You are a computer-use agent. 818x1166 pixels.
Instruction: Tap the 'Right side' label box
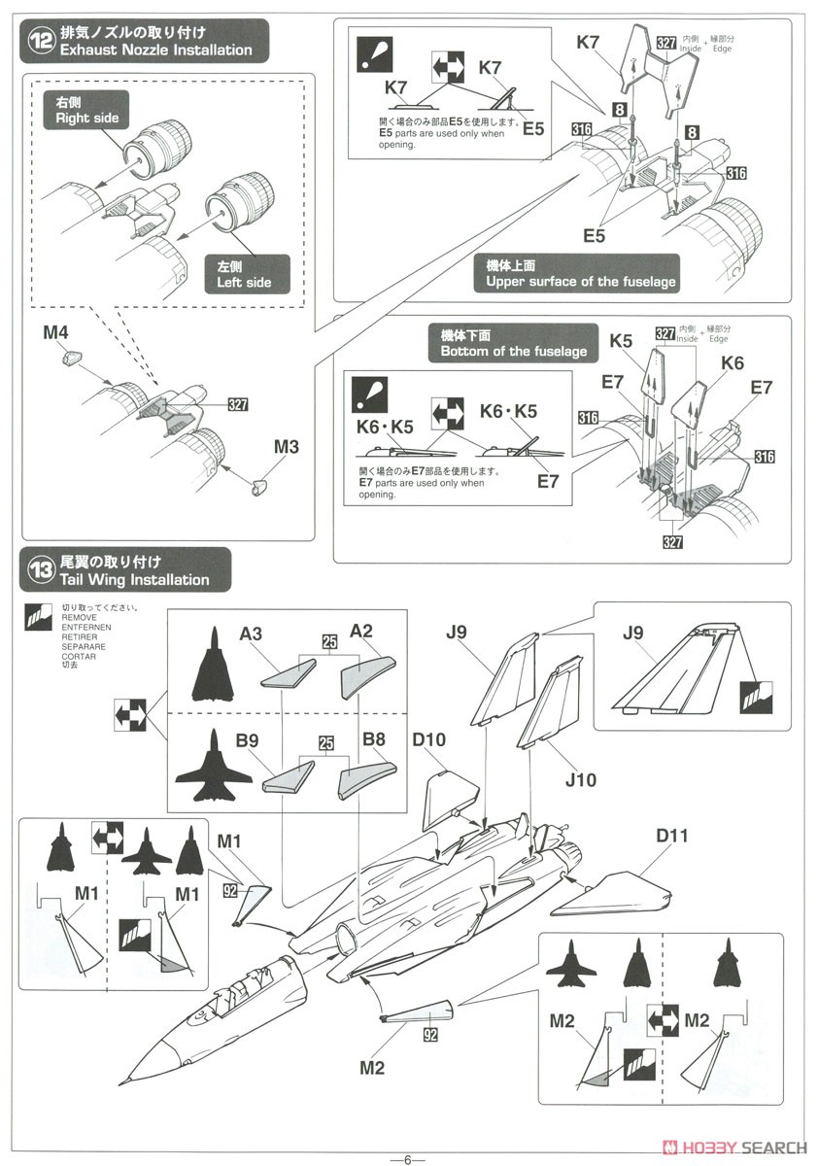point(85,110)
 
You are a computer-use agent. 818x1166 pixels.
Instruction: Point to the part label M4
point(55,333)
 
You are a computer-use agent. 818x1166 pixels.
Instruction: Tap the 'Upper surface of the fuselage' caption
point(575,275)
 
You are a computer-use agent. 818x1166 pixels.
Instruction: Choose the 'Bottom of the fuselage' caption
point(513,343)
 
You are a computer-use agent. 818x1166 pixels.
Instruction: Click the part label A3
point(252,634)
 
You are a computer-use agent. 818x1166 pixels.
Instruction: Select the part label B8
point(373,739)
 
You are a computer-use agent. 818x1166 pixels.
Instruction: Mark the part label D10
point(428,740)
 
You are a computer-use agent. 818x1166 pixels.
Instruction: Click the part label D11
point(671,836)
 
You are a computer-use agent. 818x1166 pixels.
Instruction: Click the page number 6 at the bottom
point(409,1158)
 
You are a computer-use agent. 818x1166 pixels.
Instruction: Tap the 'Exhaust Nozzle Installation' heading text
point(155,50)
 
